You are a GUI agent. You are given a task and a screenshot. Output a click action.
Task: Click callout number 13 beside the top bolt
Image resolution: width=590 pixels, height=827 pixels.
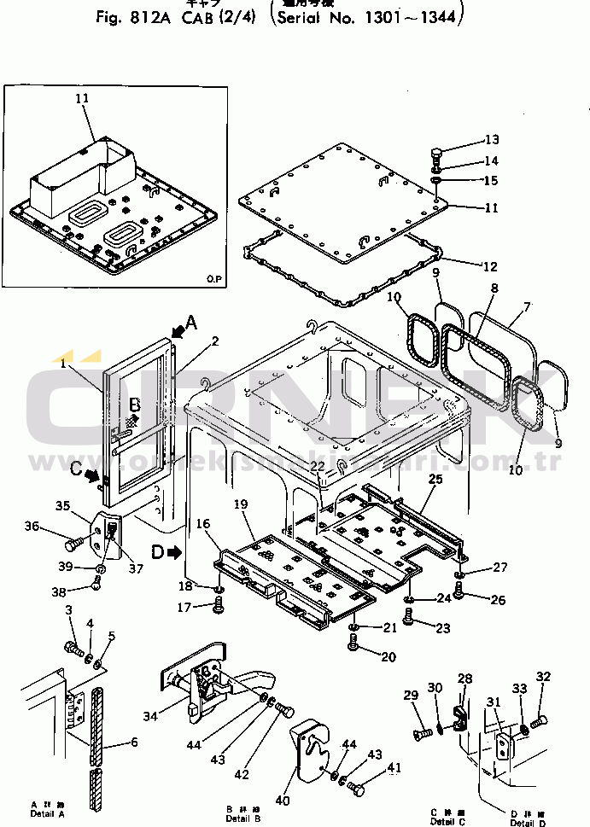491,140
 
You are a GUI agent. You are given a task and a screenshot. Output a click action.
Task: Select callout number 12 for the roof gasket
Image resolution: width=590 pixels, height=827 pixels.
488,266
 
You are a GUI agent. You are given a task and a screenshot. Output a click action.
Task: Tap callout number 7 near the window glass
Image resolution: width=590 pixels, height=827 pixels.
527,306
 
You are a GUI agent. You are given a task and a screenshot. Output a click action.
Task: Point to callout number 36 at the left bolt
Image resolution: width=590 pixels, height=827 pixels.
32,527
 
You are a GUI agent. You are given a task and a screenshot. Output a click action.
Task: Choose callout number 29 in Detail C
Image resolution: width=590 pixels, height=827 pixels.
411,695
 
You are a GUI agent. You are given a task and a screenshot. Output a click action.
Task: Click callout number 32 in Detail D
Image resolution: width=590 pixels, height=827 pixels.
544,677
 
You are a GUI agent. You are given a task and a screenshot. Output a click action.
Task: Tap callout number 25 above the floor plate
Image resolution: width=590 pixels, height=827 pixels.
435,479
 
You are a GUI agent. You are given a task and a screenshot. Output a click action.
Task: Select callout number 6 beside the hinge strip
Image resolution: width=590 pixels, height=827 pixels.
133,743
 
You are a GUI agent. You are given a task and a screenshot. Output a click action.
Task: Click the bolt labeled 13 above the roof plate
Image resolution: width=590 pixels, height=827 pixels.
436,157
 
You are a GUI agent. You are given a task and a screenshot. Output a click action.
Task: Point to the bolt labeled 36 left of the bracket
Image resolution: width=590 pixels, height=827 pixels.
73,540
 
